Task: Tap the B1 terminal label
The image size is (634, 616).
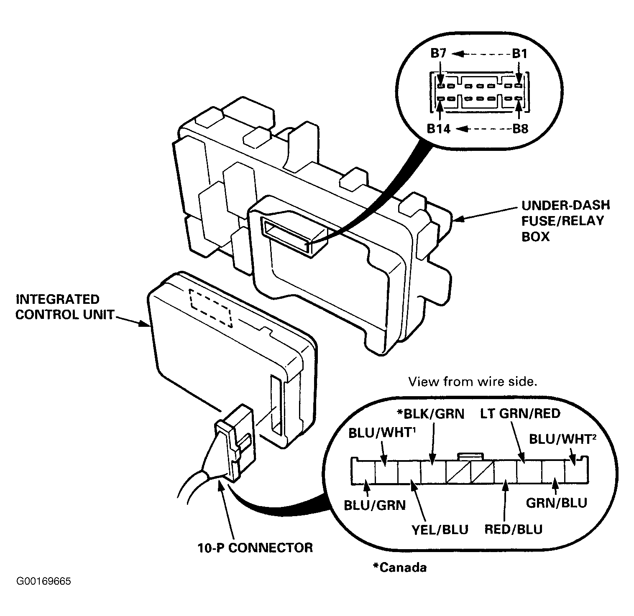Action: pyautogui.click(x=519, y=53)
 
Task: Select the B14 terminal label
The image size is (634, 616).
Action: pyautogui.click(x=439, y=129)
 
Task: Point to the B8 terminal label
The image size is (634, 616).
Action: pyautogui.click(x=520, y=129)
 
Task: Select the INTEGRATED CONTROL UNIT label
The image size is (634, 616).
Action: pyautogui.click(x=64, y=307)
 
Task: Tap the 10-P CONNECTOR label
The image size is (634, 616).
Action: pyautogui.click(x=255, y=547)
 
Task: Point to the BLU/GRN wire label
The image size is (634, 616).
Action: pyautogui.click(x=375, y=505)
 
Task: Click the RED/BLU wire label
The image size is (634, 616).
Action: pyautogui.click(x=513, y=529)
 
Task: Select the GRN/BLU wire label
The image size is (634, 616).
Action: pyautogui.click(x=556, y=502)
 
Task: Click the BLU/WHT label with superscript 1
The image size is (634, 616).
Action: pyautogui.click(x=381, y=433)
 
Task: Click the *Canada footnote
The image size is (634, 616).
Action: pyautogui.click(x=400, y=567)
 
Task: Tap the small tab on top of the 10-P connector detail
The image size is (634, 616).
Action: pyautogui.click(x=471, y=456)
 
